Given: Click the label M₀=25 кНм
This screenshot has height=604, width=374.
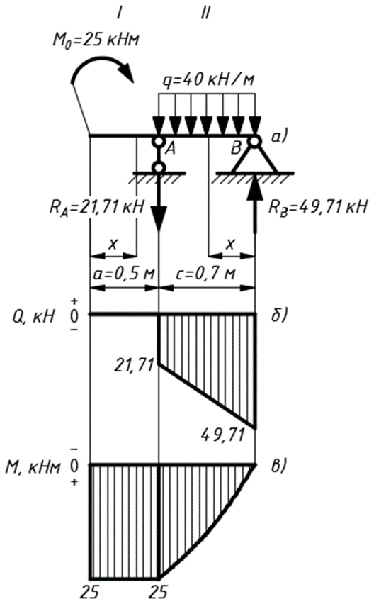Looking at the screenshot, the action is [x=96, y=39].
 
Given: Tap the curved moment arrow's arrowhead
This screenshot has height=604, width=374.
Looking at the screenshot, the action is [x=128, y=74].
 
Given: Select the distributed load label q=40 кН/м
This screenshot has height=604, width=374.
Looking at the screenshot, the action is [x=208, y=81].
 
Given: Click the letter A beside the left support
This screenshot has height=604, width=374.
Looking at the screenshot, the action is [x=170, y=149].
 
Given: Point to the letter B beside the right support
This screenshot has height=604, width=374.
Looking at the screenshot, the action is [x=236, y=148].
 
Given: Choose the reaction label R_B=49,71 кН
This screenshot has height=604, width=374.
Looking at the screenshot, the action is [x=317, y=208].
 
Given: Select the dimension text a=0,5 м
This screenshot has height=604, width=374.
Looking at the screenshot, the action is [x=124, y=274].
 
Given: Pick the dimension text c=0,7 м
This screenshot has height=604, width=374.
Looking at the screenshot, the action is [x=206, y=274].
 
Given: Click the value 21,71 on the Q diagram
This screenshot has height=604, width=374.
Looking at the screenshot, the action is [x=134, y=366].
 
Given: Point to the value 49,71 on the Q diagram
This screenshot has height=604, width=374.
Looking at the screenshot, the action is [x=223, y=435].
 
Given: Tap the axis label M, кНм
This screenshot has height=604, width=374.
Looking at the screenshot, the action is [x=33, y=467].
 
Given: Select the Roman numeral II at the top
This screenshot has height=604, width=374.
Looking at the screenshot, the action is [x=205, y=14].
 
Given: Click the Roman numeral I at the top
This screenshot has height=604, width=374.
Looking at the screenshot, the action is [x=119, y=14].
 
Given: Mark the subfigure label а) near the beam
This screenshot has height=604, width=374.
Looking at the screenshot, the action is [x=280, y=138].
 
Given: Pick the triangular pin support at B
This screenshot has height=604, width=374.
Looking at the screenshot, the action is [x=254, y=159].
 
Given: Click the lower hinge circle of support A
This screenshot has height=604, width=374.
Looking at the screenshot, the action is [x=159, y=167].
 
